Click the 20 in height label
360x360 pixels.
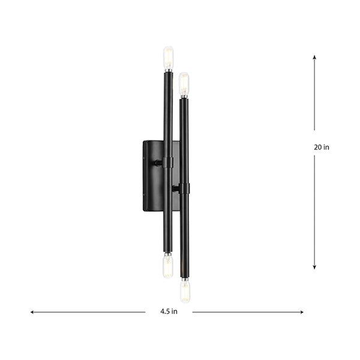(322, 147)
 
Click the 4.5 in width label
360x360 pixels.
(169, 311)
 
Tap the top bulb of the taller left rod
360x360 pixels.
(168, 58)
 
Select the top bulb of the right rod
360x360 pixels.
(184, 84)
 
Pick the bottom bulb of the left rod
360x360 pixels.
(168, 266)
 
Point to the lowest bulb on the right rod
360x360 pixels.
(185, 291)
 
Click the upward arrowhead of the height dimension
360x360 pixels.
(314, 57)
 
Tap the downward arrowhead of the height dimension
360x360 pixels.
(314, 267)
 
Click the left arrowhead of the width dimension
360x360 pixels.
(33, 312)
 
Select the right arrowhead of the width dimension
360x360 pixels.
(301, 312)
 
